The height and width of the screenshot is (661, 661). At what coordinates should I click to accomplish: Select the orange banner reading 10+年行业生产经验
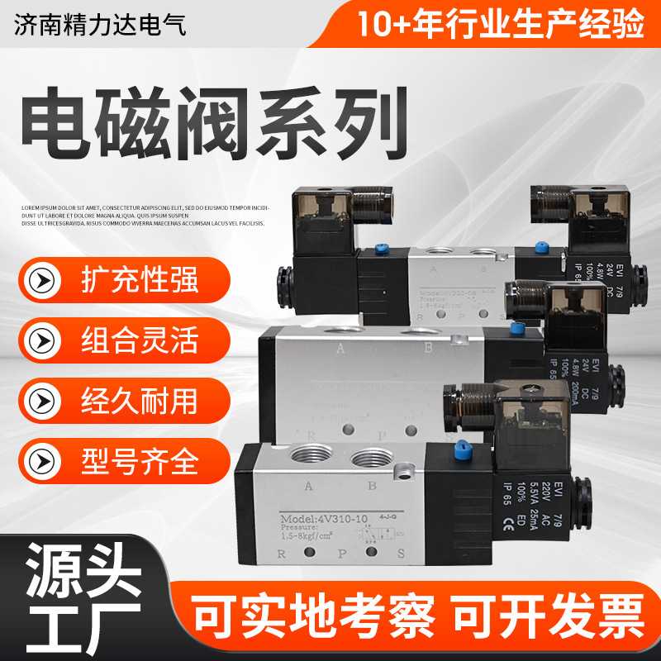coord(500,23)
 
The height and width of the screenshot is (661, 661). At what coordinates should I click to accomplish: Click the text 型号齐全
coord(140,461)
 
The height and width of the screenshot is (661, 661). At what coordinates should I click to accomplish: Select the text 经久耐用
coord(140,401)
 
